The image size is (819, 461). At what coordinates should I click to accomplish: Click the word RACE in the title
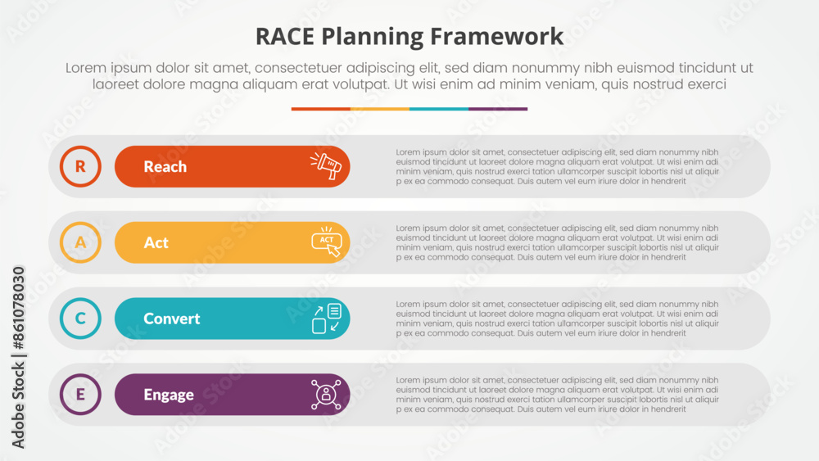point(285,37)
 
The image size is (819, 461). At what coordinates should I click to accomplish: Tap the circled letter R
point(80,166)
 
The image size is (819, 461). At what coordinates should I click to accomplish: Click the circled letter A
point(80,242)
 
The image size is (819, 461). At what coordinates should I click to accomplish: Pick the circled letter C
point(80,319)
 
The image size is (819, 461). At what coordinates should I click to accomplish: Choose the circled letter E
point(80,394)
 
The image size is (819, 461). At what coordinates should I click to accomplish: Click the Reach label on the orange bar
point(165,166)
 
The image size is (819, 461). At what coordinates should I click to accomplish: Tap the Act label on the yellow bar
point(156,242)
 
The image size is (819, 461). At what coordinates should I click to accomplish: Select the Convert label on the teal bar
point(172,319)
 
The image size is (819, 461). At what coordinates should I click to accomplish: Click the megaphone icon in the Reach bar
point(326,166)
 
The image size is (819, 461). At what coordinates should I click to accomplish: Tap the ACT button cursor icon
point(327,242)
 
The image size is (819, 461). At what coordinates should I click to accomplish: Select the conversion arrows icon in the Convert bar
point(327,318)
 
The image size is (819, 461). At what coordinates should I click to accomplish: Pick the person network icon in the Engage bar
point(327,394)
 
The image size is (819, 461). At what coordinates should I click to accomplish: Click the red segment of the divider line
point(321,109)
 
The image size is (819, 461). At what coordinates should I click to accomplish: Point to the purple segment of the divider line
point(498,109)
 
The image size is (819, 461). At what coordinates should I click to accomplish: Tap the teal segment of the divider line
point(439,109)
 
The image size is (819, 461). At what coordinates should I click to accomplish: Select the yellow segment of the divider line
point(380,109)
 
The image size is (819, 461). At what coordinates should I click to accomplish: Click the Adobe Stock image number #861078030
point(18,308)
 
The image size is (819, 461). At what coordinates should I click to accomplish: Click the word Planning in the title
point(372,37)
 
